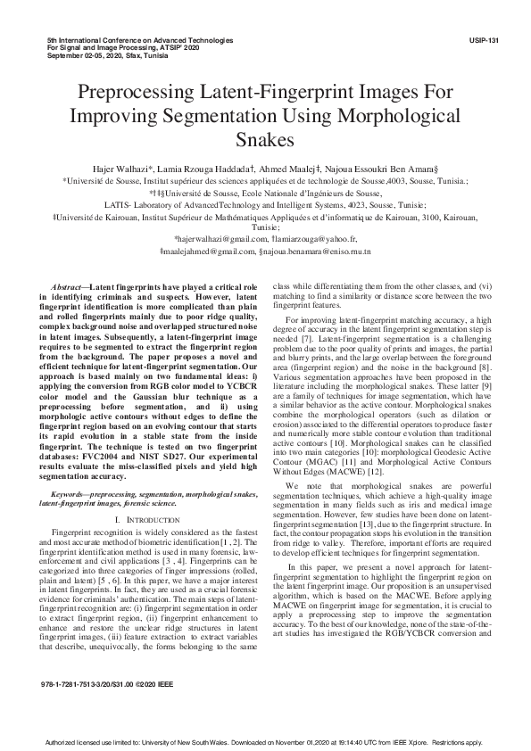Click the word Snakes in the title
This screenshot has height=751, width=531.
coord(265,140)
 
